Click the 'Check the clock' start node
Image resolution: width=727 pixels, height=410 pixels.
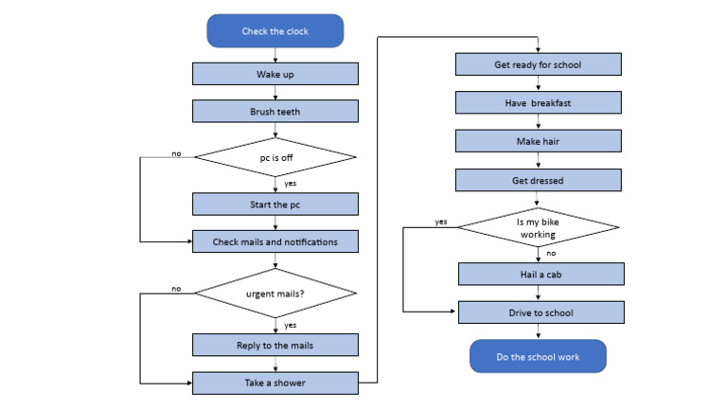(x=275, y=30)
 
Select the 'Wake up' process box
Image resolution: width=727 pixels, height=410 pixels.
(x=275, y=74)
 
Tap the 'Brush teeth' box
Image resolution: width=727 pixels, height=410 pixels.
(x=275, y=111)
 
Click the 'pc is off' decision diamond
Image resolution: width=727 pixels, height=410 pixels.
(x=275, y=156)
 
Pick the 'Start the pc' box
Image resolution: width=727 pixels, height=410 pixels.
(x=275, y=204)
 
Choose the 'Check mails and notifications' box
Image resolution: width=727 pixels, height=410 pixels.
(x=275, y=241)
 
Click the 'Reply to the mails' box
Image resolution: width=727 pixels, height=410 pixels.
(x=275, y=345)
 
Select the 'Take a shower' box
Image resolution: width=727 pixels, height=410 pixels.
(x=275, y=383)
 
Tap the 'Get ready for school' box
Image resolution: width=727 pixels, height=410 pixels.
(x=538, y=64)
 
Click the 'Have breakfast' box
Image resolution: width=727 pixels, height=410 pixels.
(x=538, y=102)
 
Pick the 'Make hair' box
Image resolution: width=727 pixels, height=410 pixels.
(x=538, y=141)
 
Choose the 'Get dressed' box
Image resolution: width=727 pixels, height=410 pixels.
(x=538, y=180)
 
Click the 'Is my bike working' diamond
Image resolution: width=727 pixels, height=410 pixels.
(x=538, y=227)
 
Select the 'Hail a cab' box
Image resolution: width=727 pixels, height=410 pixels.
(x=541, y=274)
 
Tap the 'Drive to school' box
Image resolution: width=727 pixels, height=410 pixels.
(x=541, y=312)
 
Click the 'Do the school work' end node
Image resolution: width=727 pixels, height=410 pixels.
(x=538, y=356)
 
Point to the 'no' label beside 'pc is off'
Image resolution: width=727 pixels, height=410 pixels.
(x=177, y=152)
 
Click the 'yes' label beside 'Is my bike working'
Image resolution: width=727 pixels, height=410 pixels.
(x=441, y=223)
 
